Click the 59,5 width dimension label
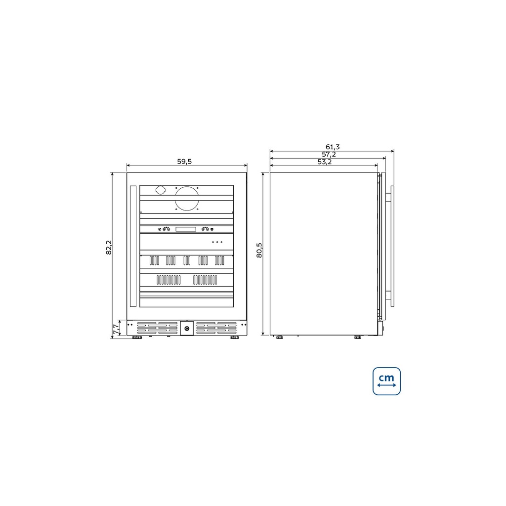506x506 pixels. (184, 162)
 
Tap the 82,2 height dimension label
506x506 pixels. (109, 247)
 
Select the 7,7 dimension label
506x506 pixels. (116, 329)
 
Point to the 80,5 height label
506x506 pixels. (259, 250)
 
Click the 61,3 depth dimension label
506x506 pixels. (333, 147)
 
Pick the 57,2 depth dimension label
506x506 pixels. (329, 154)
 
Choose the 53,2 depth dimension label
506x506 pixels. (324, 162)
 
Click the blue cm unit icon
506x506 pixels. (386, 381)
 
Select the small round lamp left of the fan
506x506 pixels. (160, 190)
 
